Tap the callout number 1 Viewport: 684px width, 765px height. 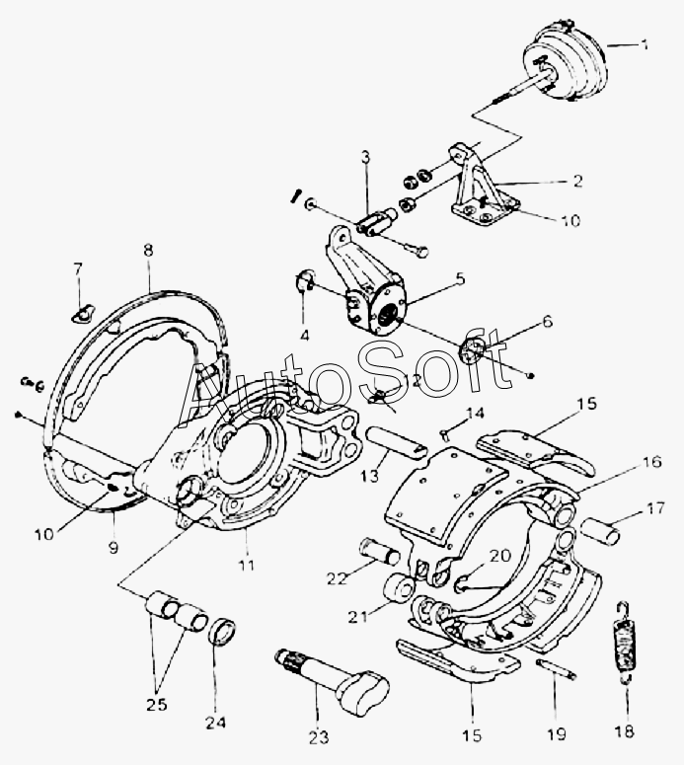(645, 45)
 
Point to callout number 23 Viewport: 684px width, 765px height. (318, 737)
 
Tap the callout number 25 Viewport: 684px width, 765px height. (156, 705)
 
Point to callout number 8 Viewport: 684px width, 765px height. (147, 251)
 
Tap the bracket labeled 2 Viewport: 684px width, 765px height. (481, 188)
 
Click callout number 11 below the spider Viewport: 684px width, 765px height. (246, 565)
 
